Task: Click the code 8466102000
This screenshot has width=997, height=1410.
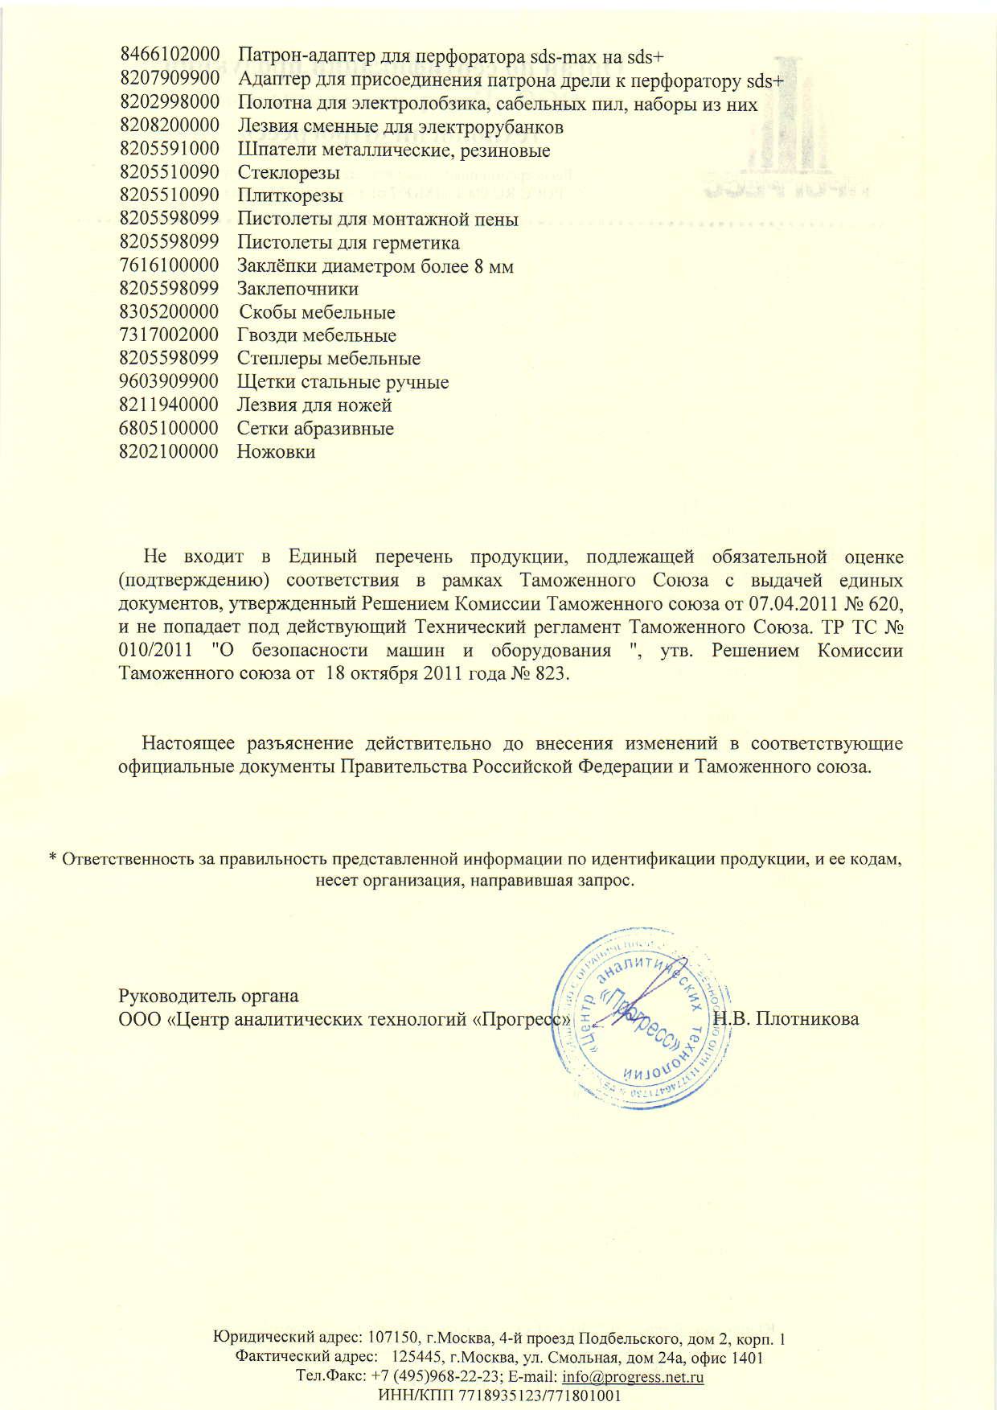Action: point(169,56)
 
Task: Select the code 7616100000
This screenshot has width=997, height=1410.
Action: point(169,266)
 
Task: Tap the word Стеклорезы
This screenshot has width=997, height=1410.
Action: point(289,173)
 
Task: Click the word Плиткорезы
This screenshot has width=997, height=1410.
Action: point(290,196)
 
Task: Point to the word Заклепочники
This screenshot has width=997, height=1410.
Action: point(298,289)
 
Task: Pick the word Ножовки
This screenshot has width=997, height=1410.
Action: point(277,452)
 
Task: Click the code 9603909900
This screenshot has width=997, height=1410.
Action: point(169,382)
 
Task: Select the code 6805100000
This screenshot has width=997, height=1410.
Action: point(169,429)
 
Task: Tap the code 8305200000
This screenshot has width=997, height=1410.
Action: point(169,312)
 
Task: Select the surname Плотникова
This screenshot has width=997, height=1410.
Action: point(808,1019)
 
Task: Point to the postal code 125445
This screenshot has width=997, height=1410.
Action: point(413,1359)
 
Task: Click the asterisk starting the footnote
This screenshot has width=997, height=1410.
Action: point(53,860)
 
